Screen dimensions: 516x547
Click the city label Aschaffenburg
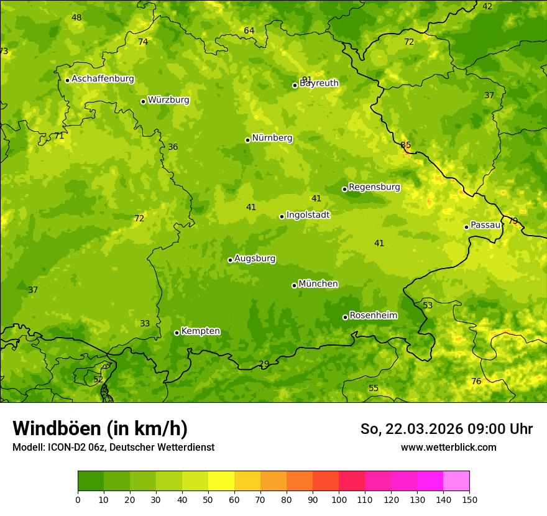pyautogui.click(x=103, y=79)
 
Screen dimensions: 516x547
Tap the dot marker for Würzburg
pyautogui.click(x=143, y=101)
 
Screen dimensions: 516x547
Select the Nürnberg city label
pyautogui.click(x=272, y=138)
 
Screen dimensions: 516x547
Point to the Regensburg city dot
pyautogui.click(x=344, y=189)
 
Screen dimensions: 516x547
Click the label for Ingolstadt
pyautogui.click(x=308, y=215)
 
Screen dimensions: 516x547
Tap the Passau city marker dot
pyautogui.click(x=466, y=227)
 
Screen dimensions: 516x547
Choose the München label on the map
pyautogui.click(x=318, y=284)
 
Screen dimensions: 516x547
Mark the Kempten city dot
pyautogui.click(x=177, y=333)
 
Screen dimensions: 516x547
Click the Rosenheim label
pyautogui.click(x=373, y=316)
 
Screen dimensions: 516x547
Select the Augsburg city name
pyautogui.click(x=255, y=259)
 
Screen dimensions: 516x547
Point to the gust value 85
pyautogui.click(x=406, y=145)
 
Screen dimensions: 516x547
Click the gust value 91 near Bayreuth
pyautogui.click(x=307, y=80)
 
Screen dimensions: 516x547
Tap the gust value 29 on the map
pyautogui.click(x=264, y=364)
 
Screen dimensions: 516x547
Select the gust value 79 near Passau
pyautogui.click(x=513, y=221)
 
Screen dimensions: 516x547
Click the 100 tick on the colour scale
pyautogui.click(x=339, y=500)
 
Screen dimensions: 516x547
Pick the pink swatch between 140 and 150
pyautogui.click(x=456, y=481)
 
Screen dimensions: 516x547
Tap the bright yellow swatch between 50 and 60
pyautogui.click(x=221, y=481)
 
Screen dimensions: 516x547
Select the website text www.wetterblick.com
pyautogui.click(x=448, y=447)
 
